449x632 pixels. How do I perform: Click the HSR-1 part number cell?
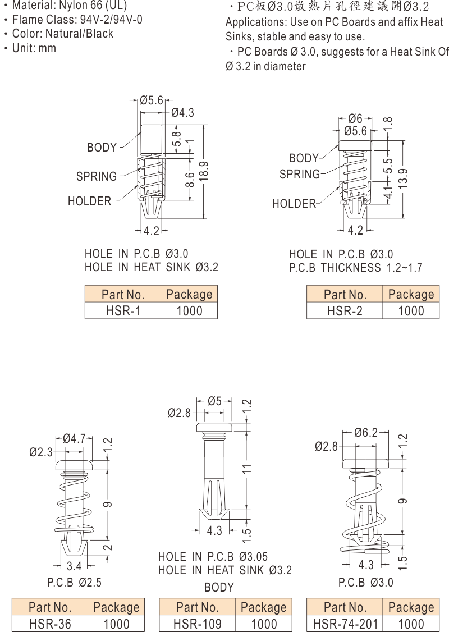(x=123, y=311)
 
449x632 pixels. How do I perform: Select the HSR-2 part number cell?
(x=345, y=311)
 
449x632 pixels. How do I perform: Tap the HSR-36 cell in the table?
(x=50, y=624)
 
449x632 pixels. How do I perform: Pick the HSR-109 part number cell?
(x=197, y=624)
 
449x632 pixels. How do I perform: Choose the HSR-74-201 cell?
(x=345, y=624)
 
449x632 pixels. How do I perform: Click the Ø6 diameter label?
(x=355, y=119)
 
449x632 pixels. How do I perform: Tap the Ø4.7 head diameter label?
(x=74, y=439)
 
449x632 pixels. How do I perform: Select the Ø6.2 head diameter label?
(x=366, y=432)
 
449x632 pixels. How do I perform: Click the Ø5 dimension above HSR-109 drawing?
(x=214, y=401)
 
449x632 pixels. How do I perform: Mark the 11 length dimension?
(x=246, y=469)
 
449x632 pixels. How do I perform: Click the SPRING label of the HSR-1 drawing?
(x=97, y=177)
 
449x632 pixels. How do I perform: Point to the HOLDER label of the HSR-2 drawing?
(x=294, y=204)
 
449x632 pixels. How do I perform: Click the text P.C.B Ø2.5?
(x=74, y=583)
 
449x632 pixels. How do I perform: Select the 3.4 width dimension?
(x=74, y=566)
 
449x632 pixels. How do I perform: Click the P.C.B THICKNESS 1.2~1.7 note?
(x=355, y=268)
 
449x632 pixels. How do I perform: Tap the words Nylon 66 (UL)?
(x=92, y=6)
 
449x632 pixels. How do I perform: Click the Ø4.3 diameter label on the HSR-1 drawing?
(x=182, y=113)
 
